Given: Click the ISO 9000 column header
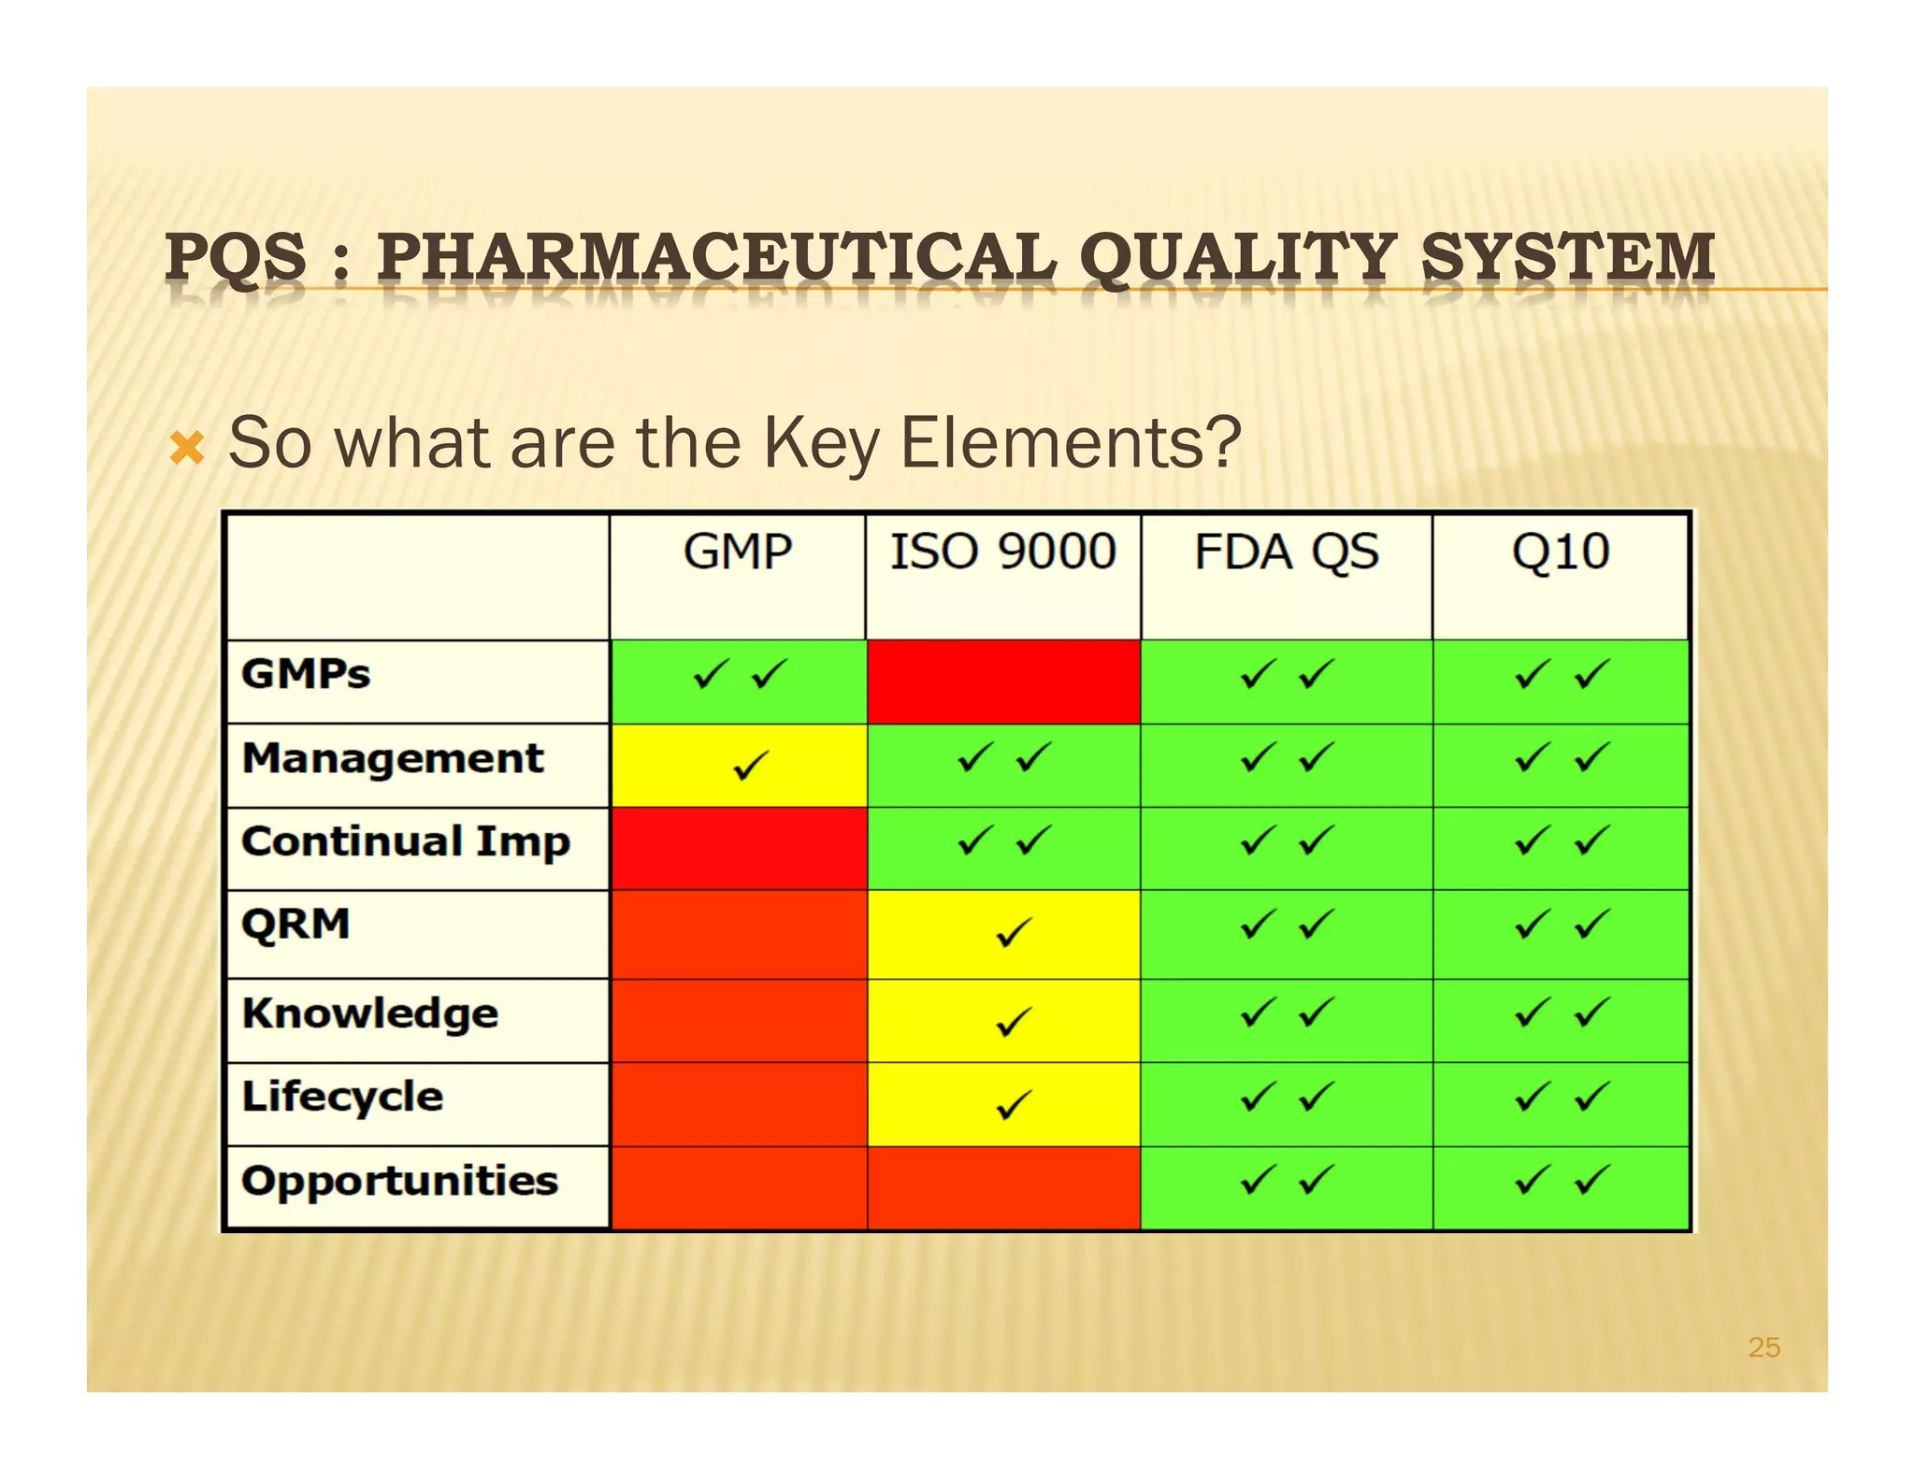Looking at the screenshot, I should click(x=1002, y=552).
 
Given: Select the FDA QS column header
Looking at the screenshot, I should click(x=1286, y=552).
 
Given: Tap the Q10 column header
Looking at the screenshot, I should click(x=1560, y=552).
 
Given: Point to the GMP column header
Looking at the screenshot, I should click(x=738, y=552).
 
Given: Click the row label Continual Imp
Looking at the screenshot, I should click(x=405, y=842).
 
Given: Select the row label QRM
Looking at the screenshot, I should click(x=295, y=925).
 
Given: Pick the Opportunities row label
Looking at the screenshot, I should click(x=399, y=1181).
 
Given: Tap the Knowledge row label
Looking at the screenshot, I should click(x=369, y=1013).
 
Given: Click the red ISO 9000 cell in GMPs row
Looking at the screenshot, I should click(x=1002, y=682).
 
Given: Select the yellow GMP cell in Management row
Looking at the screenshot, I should click(x=738, y=766).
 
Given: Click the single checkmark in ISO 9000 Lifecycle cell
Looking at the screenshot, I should click(x=1014, y=1105).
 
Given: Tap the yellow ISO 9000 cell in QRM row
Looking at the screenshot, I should click(x=1002, y=934).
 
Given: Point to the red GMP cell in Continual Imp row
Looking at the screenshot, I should click(x=738, y=849).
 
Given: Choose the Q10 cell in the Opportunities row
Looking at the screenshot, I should click(x=1560, y=1187).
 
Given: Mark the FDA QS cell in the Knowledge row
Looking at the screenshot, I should click(x=1286, y=1020).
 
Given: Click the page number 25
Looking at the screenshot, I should click(x=1764, y=1347).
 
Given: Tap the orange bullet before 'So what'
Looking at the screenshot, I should click(x=187, y=449).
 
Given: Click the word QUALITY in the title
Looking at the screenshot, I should click(x=1238, y=257).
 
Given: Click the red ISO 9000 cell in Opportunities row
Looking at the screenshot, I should click(x=1002, y=1187).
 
